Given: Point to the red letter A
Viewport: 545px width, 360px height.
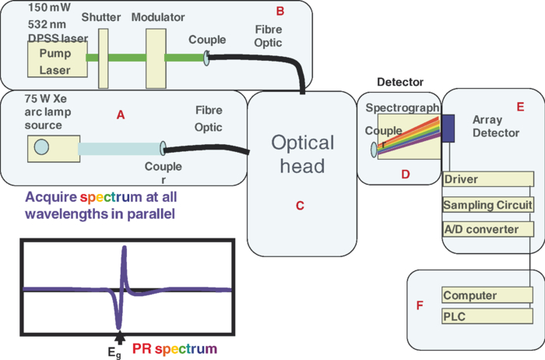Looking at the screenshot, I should (x=121, y=115).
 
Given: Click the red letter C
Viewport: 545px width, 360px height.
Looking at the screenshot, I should (x=300, y=206).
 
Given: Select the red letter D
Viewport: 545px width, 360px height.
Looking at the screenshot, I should (x=405, y=174).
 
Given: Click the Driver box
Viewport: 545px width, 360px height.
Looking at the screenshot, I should (x=487, y=180).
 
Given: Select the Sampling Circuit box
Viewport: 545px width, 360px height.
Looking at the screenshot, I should (x=487, y=205).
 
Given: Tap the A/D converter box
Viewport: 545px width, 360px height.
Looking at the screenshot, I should (x=487, y=229).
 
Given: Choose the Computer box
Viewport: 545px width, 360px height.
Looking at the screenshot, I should (x=487, y=295).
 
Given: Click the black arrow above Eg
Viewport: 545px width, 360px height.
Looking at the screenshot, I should (x=119, y=337).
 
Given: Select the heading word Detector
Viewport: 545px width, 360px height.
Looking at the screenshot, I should (x=399, y=82).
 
